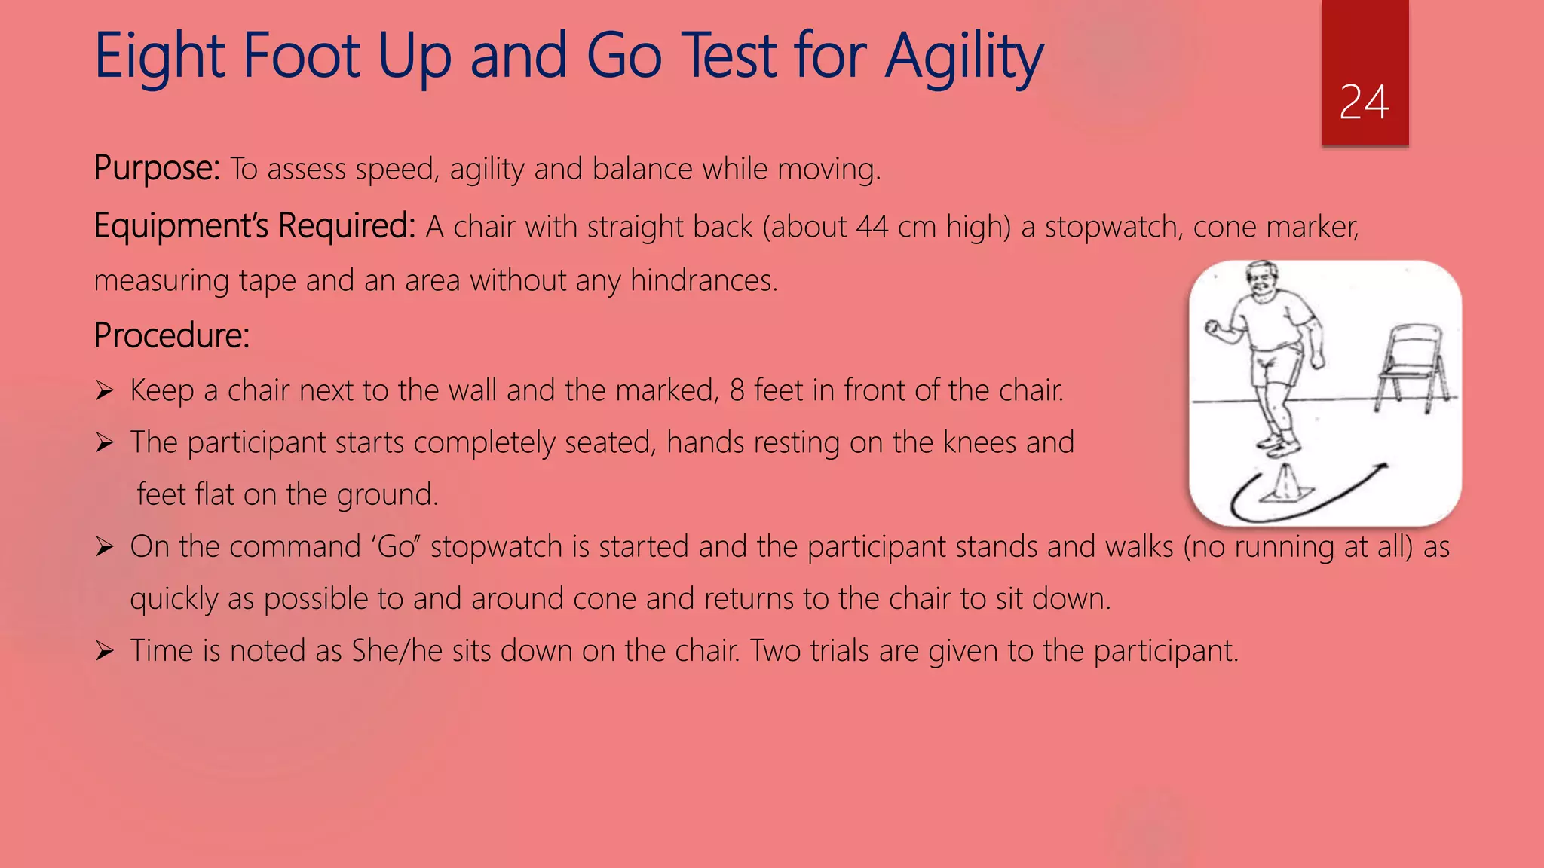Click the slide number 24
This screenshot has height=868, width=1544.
1364,102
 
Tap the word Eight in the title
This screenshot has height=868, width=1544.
159,57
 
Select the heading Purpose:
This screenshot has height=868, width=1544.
157,168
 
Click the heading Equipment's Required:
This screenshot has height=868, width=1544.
254,225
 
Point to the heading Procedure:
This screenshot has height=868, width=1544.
171,335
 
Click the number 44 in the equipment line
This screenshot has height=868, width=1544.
872,227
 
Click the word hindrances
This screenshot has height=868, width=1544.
703,280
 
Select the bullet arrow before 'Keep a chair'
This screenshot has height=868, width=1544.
104,390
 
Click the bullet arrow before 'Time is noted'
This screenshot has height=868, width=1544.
104,650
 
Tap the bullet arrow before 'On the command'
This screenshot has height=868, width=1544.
104,546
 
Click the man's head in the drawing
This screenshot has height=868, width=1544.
1262,280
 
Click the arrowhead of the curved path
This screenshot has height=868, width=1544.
1381,469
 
